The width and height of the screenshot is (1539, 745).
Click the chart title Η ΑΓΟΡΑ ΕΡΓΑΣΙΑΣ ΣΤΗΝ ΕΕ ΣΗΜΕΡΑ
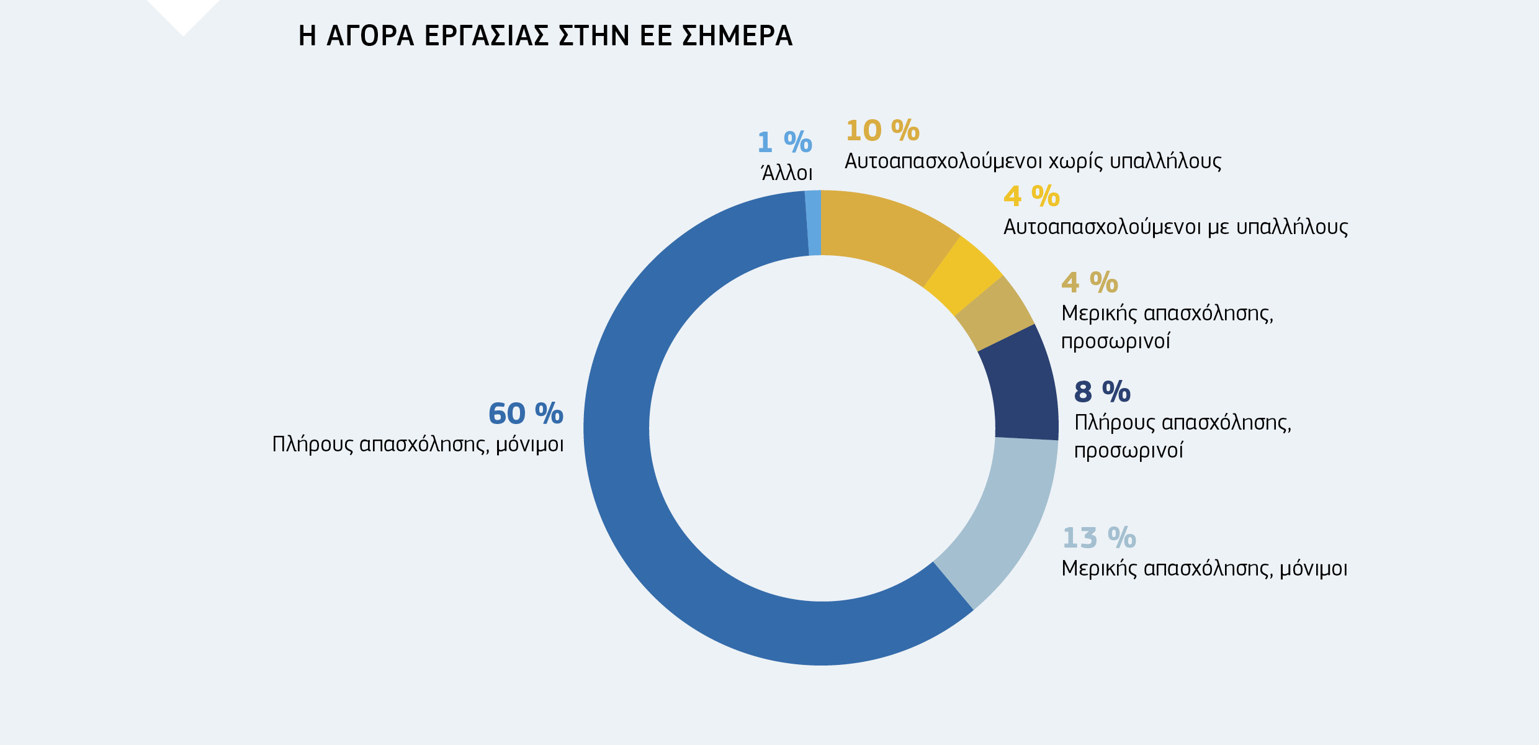[x=545, y=36]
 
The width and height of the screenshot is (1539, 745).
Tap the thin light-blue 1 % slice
[x=814, y=223]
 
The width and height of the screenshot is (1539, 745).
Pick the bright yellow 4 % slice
[x=964, y=276]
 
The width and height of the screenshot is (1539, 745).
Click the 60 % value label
[x=526, y=414]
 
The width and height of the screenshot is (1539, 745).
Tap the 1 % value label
[x=784, y=143]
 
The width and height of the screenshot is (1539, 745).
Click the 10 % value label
[x=882, y=131]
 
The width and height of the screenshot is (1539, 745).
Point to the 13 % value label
[x=1099, y=538]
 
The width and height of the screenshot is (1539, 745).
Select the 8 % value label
[x=1102, y=392]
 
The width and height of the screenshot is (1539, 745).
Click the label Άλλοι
[x=786, y=173]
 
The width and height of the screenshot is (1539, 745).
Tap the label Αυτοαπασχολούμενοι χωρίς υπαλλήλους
[x=1033, y=161]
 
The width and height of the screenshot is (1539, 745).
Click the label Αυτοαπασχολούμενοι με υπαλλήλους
[x=1175, y=227]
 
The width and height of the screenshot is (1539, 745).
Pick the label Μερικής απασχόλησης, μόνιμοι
[x=1204, y=569]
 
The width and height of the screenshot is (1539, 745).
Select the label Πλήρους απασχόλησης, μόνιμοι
[x=418, y=445]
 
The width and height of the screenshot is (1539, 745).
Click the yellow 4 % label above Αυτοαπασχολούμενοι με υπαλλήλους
[x=1031, y=197]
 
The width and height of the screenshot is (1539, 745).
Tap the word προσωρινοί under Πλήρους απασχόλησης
[x=1128, y=451]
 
